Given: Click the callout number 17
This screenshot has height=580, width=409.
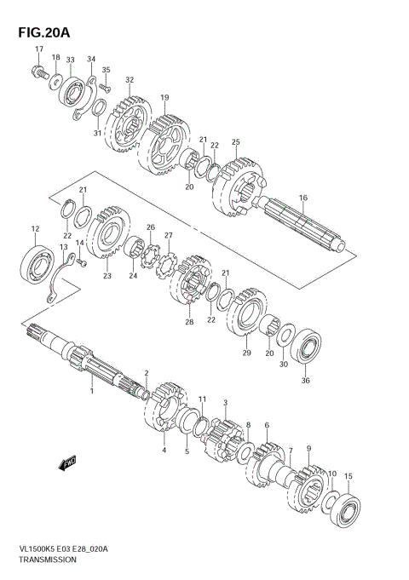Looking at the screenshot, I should (39, 49).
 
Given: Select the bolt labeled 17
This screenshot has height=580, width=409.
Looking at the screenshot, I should (39, 74).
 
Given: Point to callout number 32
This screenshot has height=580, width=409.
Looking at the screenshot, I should (130, 80).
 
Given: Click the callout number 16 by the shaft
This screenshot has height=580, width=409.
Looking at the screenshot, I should (302, 198).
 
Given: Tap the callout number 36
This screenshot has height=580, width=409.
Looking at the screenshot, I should (306, 381).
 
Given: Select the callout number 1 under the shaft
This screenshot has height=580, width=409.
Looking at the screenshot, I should (91, 390).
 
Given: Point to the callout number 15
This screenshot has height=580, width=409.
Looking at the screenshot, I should (347, 477).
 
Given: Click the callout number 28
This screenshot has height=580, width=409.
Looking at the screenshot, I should (188, 323).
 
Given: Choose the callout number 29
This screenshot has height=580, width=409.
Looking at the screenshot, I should (247, 353).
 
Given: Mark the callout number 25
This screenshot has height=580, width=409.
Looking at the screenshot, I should (235, 142).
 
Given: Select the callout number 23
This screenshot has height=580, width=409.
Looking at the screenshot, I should (107, 275).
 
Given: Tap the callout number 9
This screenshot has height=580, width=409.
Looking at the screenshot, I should (308, 449).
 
